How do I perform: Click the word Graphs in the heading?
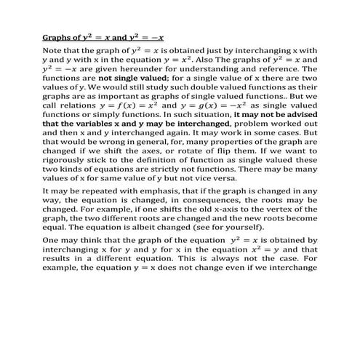(57, 36)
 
